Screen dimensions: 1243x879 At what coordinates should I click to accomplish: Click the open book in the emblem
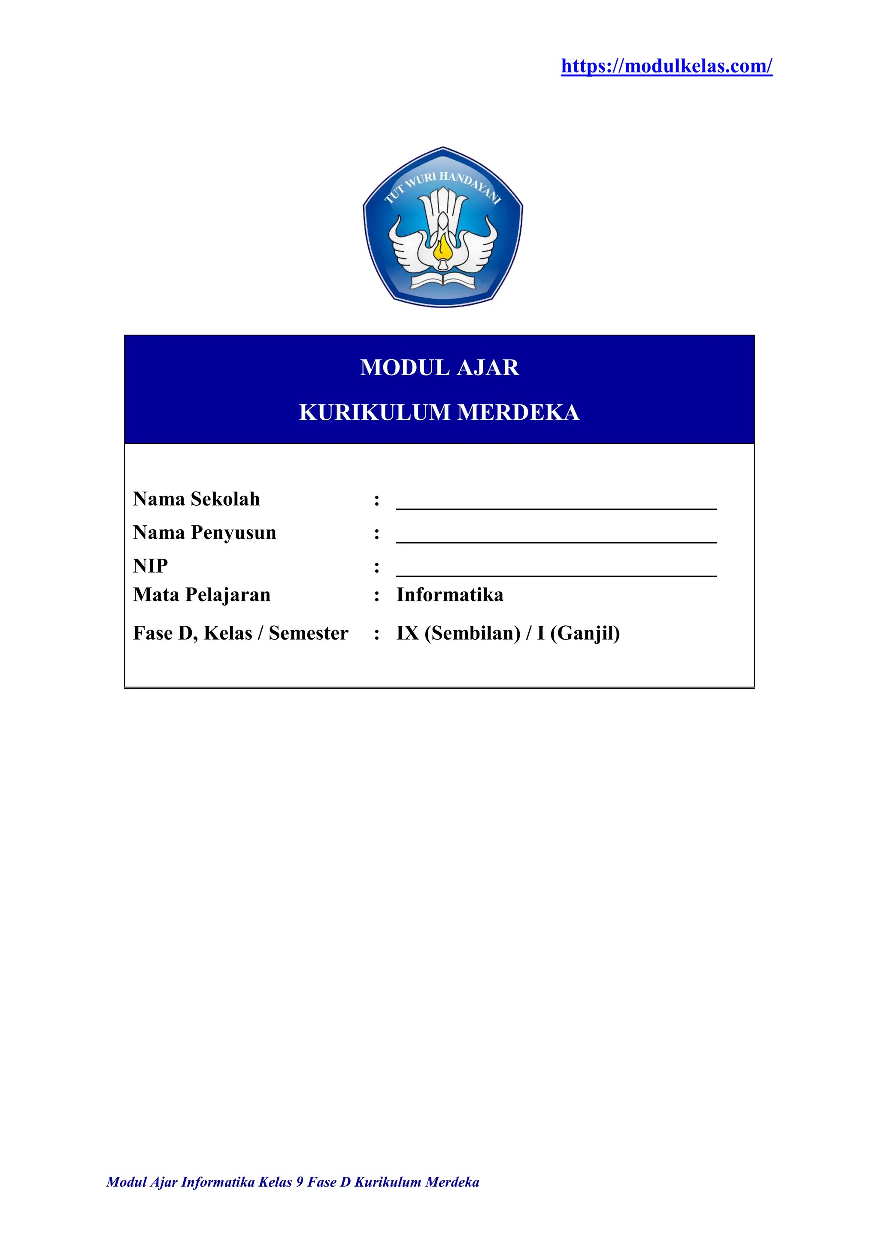point(443,280)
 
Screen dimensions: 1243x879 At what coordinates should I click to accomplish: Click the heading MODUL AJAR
point(439,367)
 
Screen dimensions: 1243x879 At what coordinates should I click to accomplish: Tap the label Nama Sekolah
point(197,499)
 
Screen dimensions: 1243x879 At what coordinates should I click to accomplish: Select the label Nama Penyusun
point(205,533)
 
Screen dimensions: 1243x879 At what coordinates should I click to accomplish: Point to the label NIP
point(151,566)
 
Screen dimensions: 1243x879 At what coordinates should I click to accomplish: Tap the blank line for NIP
point(556,572)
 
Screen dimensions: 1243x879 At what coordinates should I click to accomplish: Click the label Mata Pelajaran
point(202,595)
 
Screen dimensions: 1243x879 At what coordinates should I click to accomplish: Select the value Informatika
point(450,595)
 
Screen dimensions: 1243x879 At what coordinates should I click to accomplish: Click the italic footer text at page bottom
point(293,1197)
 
